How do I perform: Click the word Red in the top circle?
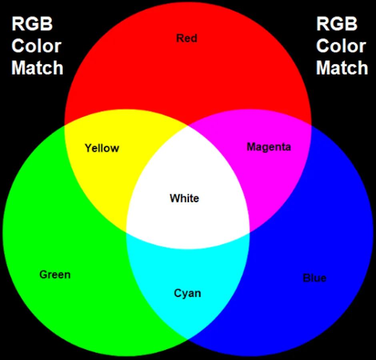186,38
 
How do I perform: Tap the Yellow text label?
102,148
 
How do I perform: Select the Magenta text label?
268,147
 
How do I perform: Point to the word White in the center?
184,198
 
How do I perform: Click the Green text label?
55,274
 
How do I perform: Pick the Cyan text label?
187,293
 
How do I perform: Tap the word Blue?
314,278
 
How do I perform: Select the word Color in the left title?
36,46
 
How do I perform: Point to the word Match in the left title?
37,68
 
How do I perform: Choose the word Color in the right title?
341,46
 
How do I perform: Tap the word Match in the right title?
342,68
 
